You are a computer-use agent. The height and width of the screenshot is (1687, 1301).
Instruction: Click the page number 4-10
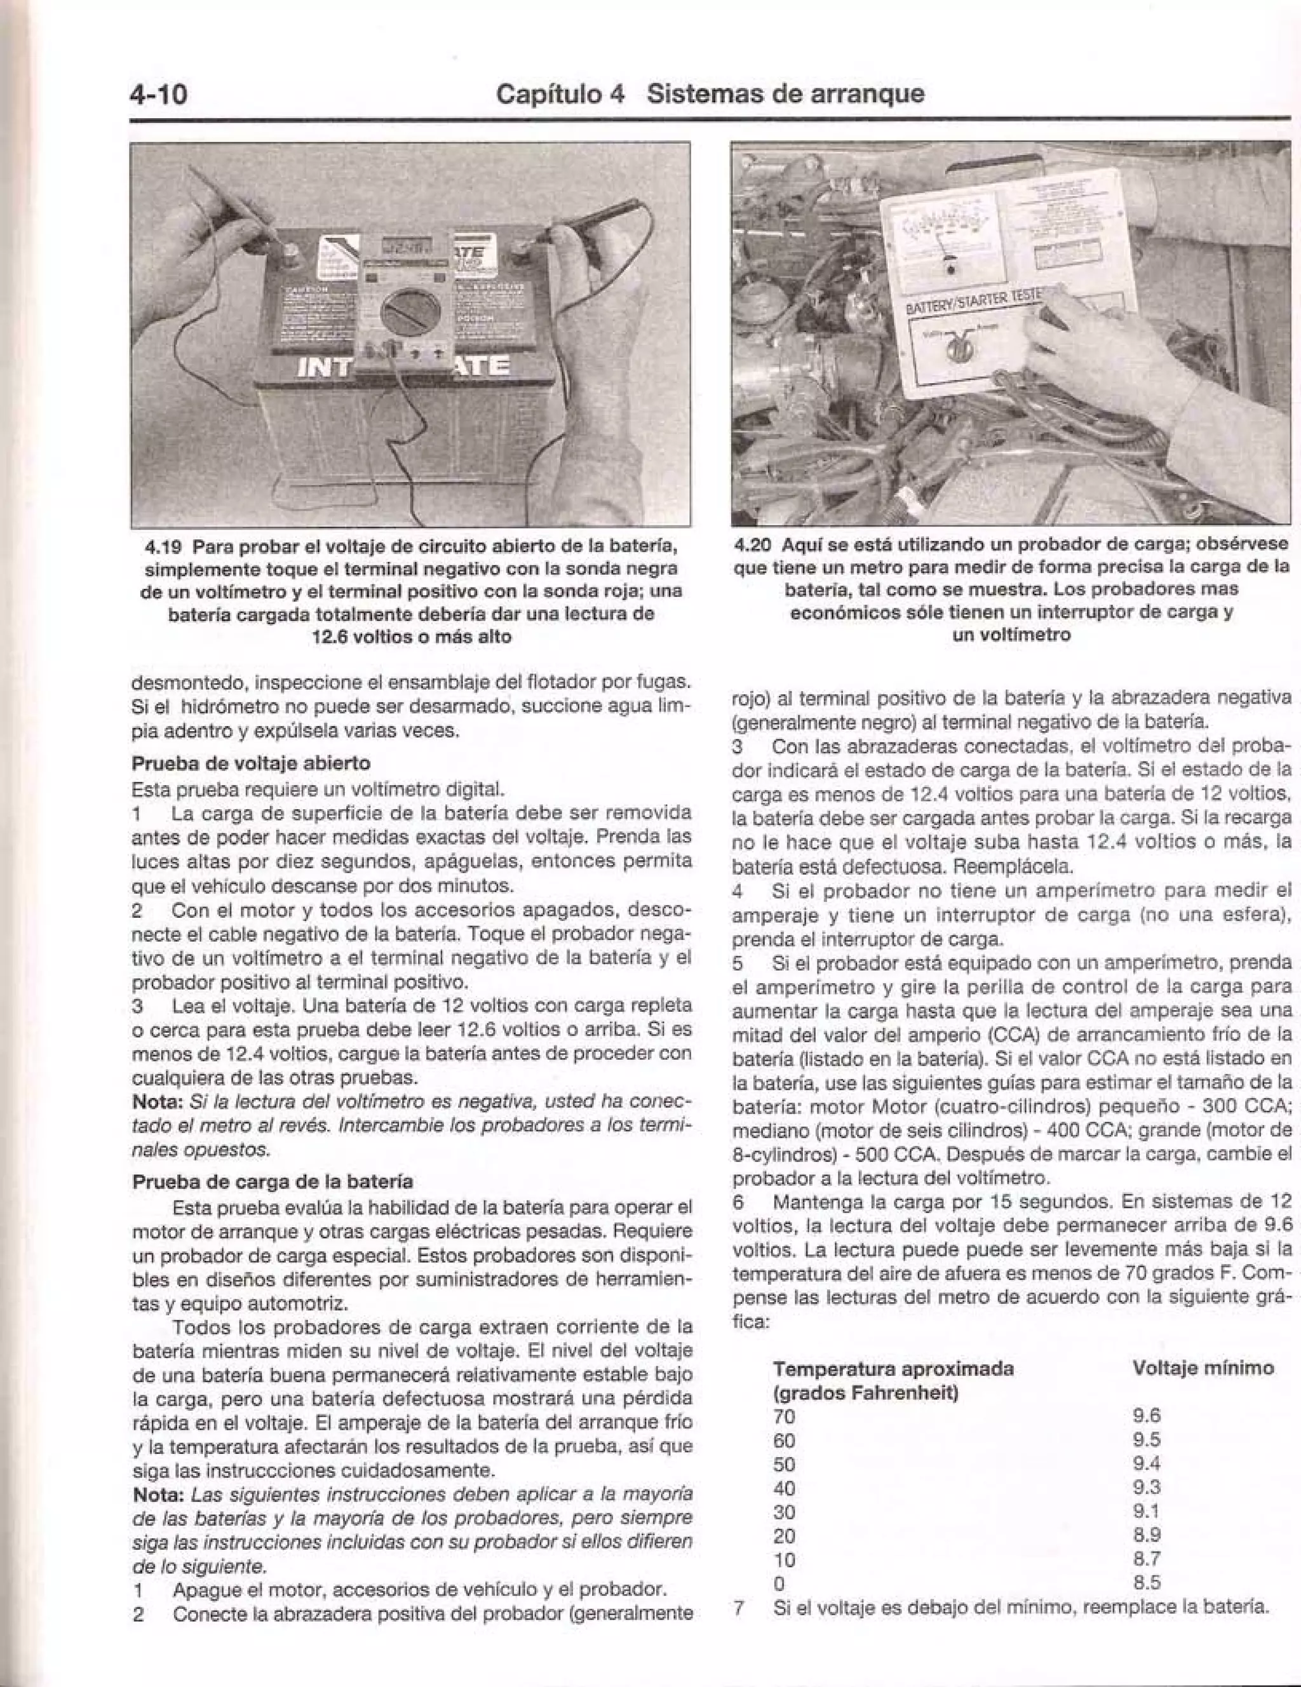point(158,94)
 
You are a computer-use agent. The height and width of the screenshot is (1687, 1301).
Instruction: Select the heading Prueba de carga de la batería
point(273,1182)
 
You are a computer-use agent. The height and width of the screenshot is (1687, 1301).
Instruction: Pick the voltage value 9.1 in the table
point(1147,1512)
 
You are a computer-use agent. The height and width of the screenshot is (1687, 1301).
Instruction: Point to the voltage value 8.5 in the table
point(1147,1583)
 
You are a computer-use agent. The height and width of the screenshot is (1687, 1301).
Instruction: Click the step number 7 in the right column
point(739,1608)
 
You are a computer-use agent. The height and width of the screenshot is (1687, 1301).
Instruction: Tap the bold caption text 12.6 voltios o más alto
point(411,637)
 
